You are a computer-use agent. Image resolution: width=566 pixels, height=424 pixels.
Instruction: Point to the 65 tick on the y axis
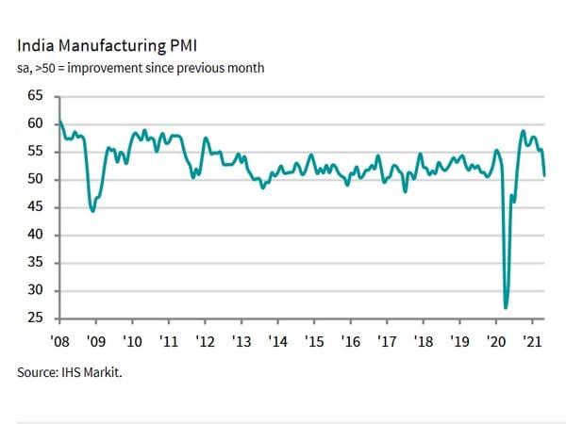[x=37, y=97]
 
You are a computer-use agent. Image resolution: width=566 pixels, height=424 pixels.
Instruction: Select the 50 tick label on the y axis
[x=37, y=180]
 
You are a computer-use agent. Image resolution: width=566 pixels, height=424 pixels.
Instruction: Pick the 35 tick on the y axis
[x=37, y=263]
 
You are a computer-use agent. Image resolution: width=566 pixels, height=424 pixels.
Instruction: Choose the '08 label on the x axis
[x=58, y=339]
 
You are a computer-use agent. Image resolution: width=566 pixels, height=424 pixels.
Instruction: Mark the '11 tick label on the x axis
[x=168, y=339]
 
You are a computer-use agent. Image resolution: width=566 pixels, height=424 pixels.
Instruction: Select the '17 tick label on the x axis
[x=387, y=339]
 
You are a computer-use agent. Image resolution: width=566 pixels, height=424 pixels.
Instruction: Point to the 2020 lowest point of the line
[x=507, y=307]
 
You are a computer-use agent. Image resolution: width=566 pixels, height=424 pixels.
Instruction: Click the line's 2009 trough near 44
[x=92, y=211]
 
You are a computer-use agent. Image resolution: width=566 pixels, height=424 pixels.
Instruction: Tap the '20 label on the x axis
[x=496, y=339]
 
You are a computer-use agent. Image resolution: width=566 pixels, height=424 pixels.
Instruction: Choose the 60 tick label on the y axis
[x=37, y=124]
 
